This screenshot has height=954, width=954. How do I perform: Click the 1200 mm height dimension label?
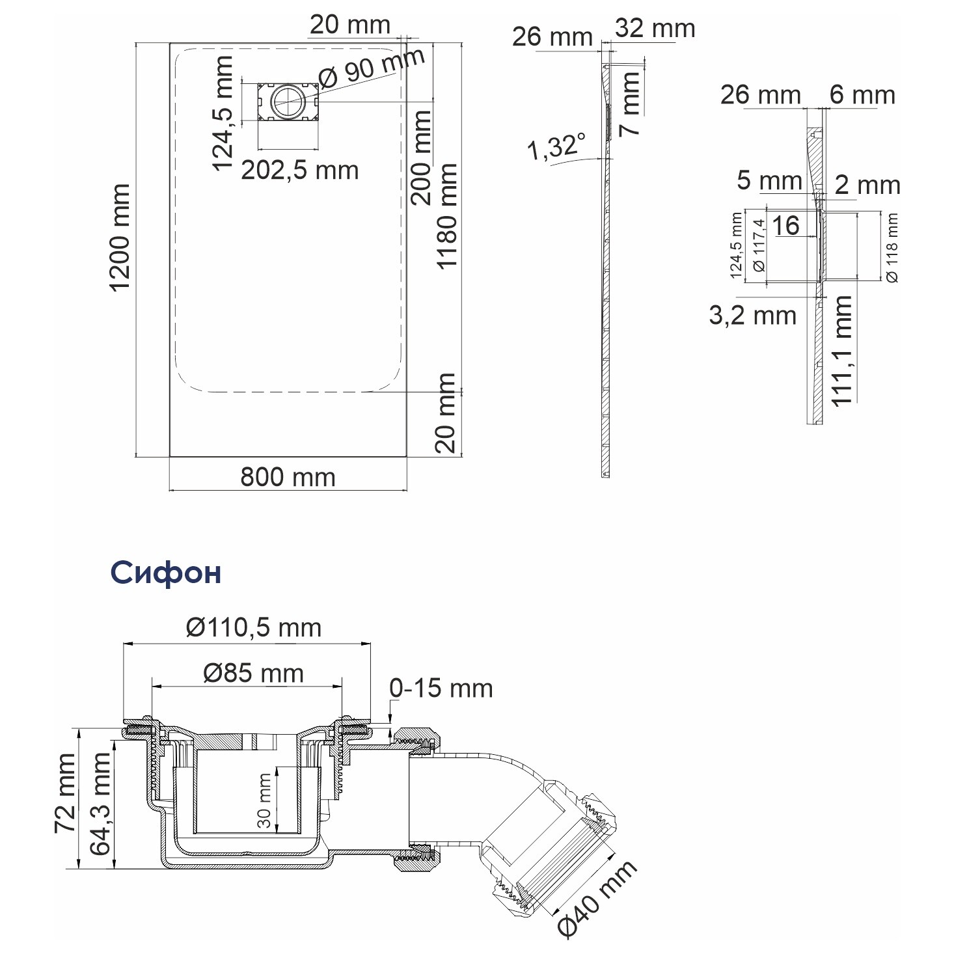(x=120, y=238)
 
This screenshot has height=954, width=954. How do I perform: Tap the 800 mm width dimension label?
(x=288, y=477)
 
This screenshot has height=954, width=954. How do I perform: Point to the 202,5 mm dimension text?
(x=299, y=170)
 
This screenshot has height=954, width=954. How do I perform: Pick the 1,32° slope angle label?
(x=556, y=146)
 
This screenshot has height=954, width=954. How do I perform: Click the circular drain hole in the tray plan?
(x=288, y=102)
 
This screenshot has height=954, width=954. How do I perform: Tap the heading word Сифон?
(x=166, y=573)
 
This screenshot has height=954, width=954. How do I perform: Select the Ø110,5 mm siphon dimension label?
(x=254, y=628)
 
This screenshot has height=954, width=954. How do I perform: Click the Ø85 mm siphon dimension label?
(x=254, y=674)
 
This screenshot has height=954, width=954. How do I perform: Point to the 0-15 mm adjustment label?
(x=441, y=688)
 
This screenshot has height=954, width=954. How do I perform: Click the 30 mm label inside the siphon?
(x=264, y=800)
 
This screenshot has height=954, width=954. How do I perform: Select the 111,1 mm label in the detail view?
(x=841, y=351)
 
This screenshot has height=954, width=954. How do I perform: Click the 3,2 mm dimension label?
(x=752, y=316)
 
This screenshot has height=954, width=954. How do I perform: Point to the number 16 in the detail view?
(x=785, y=226)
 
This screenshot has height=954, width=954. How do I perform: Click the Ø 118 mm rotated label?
(x=892, y=247)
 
